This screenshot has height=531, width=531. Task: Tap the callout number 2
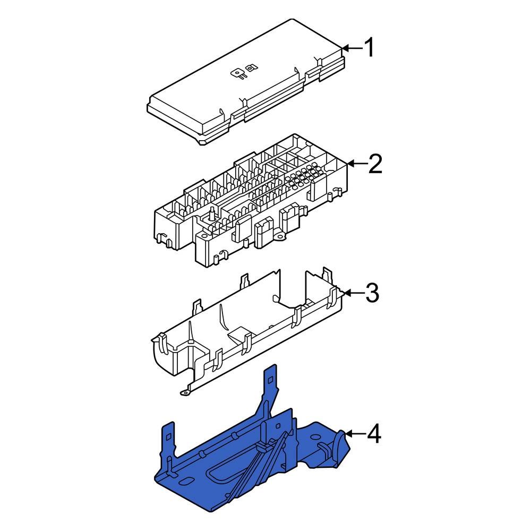(374, 164)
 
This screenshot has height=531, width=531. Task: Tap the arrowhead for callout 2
(350, 164)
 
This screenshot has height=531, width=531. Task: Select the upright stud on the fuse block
(212, 213)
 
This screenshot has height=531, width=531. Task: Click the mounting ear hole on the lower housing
(185, 392)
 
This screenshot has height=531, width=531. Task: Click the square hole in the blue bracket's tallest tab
(271, 378)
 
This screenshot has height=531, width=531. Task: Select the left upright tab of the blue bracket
(169, 441)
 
